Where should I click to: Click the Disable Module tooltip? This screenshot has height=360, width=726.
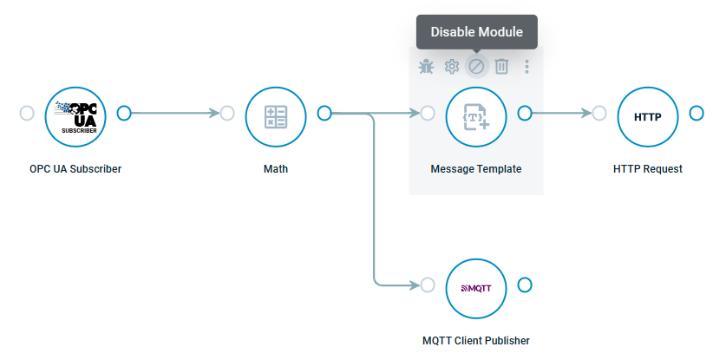pos(476,32)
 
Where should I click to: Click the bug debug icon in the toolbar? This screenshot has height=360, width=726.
pos(426,66)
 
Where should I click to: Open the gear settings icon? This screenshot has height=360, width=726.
pos(451,66)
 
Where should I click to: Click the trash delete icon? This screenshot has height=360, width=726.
pos(501,66)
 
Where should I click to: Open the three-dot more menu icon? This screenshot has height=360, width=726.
pos(527,66)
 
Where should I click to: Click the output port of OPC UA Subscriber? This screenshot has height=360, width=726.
pos(124,113)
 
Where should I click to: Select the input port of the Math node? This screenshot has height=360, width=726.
pos(227,113)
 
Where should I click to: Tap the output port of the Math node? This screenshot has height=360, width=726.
pos(324,113)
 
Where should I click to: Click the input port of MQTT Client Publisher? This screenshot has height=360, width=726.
pos(428,285)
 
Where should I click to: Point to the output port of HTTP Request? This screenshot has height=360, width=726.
pos(697,113)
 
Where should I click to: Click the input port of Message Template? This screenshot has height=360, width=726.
pos(428,113)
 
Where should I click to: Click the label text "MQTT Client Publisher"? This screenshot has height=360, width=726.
pos(475,341)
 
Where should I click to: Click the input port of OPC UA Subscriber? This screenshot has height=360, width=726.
pos(27,113)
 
